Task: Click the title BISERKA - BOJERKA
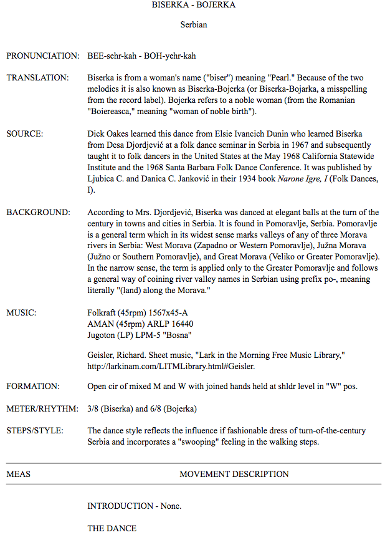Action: (194, 5)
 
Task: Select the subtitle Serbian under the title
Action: (194, 25)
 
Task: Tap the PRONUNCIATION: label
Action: (43, 56)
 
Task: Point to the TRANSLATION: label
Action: (37, 78)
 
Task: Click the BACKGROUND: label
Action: (39, 213)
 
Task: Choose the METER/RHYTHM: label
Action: (42, 408)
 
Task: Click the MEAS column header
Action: (19, 474)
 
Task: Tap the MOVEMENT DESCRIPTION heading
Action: (234, 474)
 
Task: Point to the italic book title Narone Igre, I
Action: (319, 179)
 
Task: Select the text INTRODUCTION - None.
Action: (134, 506)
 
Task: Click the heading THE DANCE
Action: (112, 528)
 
